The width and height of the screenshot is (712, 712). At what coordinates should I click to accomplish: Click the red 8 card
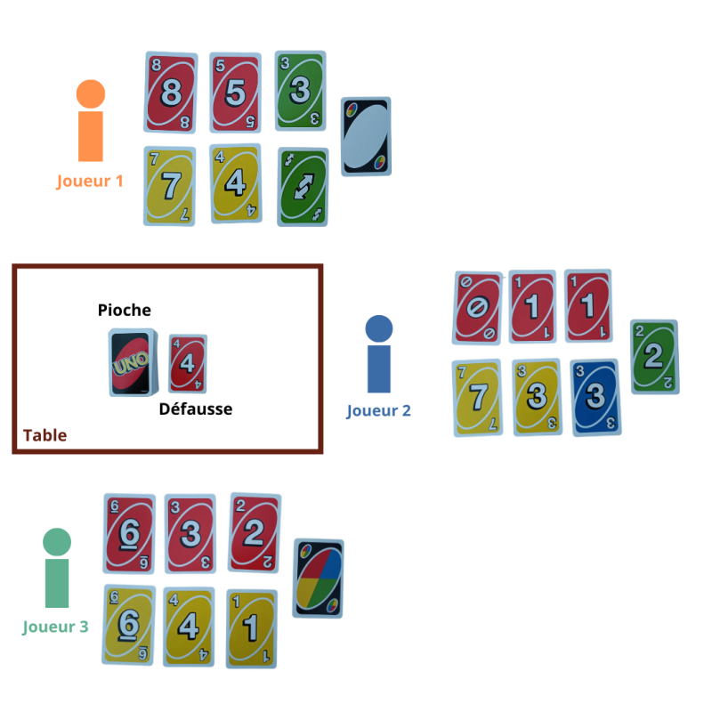[x=170, y=93]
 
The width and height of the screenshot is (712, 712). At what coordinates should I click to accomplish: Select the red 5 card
[x=235, y=93]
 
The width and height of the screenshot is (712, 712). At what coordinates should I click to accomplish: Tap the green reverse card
[x=303, y=187]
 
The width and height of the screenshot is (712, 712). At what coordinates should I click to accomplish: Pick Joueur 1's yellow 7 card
[x=170, y=186]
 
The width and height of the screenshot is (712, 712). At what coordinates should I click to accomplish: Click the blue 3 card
[x=595, y=397]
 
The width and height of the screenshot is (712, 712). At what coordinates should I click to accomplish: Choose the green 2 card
[x=654, y=357]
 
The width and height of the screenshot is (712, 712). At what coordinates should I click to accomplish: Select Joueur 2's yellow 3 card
[x=538, y=397]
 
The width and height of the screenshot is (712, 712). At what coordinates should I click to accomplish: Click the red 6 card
[x=129, y=533]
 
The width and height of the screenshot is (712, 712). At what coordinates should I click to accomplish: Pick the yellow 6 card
[x=130, y=624]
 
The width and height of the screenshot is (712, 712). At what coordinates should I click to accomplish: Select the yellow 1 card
[x=252, y=627]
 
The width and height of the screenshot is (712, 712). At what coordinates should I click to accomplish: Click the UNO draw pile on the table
[x=131, y=362]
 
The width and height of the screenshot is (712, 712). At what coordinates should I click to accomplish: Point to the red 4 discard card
[x=188, y=363]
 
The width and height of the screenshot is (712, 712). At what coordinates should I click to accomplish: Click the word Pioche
[x=125, y=311]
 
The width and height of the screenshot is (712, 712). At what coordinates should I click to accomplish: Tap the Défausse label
[x=196, y=409]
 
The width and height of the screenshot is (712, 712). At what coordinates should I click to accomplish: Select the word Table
[x=44, y=435]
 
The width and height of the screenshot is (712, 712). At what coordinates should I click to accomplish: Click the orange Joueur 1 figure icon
[x=90, y=121]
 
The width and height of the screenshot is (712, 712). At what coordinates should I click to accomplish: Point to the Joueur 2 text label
[x=378, y=411]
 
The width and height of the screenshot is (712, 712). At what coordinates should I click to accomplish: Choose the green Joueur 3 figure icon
[x=57, y=567]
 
